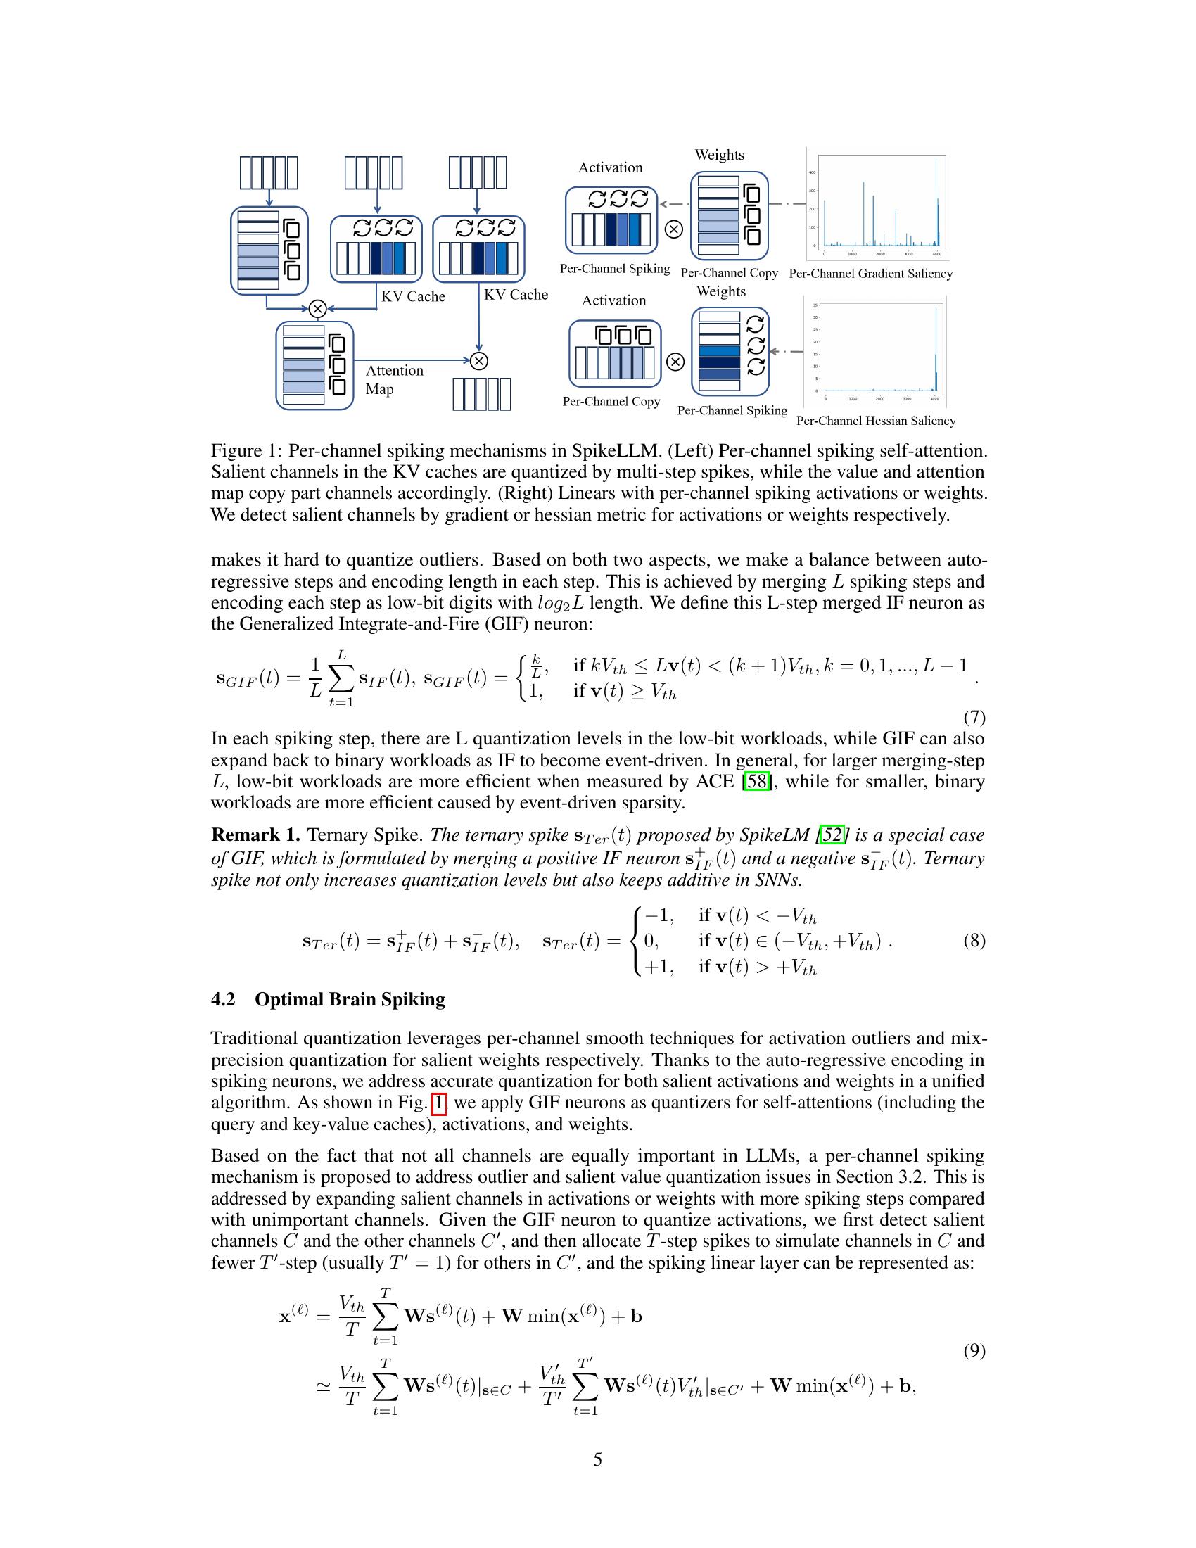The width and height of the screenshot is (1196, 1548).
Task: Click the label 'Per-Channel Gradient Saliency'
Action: [870, 274]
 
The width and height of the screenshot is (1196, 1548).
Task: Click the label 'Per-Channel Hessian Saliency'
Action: [876, 420]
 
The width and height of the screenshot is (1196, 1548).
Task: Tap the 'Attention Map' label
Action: [393, 379]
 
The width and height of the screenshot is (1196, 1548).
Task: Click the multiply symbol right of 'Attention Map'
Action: [480, 361]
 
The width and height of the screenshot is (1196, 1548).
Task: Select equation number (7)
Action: [974, 717]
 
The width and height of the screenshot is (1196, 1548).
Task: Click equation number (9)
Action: [974, 1351]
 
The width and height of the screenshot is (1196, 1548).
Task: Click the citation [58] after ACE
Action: [756, 782]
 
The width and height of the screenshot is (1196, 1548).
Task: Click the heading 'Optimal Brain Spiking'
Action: [350, 999]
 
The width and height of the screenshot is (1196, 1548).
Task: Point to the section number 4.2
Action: [222, 999]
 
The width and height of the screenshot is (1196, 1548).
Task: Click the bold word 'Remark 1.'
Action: [256, 835]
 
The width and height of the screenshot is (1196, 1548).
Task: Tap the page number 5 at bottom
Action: [597, 1459]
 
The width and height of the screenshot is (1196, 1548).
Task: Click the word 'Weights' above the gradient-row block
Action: [719, 155]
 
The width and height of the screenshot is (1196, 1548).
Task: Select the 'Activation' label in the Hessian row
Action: [613, 300]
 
